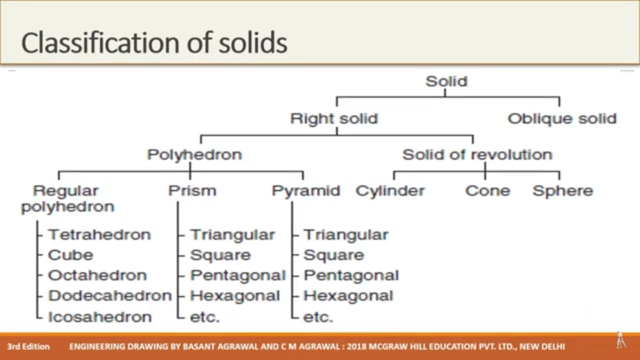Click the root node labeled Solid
pyautogui.click(x=447, y=81)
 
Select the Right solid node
pyautogui.click(x=334, y=119)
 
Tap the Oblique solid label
pyautogui.click(x=562, y=119)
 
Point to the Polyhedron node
pyautogui.click(x=194, y=155)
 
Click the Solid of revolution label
pyautogui.click(x=477, y=155)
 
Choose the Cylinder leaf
pyautogui.click(x=390, y=191)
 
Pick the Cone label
pyautogui.click(x=488, y=191)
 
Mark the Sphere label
pyautogui.click(x=563, y=191)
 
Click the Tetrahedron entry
pyautogui.click(x=99, y=235)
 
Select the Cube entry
pyautogui.click(x=71, y=255)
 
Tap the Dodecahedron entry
pyautogui.click(x=110, y=296)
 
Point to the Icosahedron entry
pyautogui.click(x=100, y=317)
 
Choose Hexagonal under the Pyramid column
pyautogui.click(x=348, y=296)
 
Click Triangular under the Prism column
pyautogui.click(x=232, y=235)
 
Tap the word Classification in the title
pyautogui.click(x=100, y=44)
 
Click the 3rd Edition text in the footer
pyautogui.click(x=28, y=346)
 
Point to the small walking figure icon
pyautogui.click(x=620, y=340)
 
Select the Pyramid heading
pyautogui.click(x=306, y=191)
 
